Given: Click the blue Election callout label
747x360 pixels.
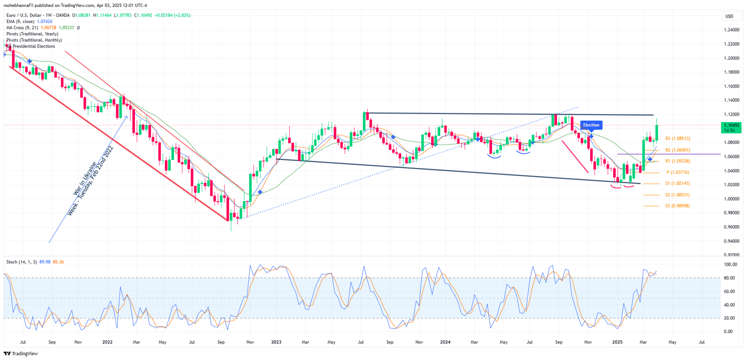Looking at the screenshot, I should (591, 125).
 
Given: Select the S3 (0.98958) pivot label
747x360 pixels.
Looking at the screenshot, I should (676, 206).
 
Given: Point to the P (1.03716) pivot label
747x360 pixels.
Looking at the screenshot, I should (678, 172).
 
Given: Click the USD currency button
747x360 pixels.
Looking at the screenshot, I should (729, 17).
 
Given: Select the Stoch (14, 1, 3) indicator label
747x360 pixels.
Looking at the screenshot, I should (21, 262).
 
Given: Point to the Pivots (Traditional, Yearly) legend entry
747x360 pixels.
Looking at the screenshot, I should (32, 34).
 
